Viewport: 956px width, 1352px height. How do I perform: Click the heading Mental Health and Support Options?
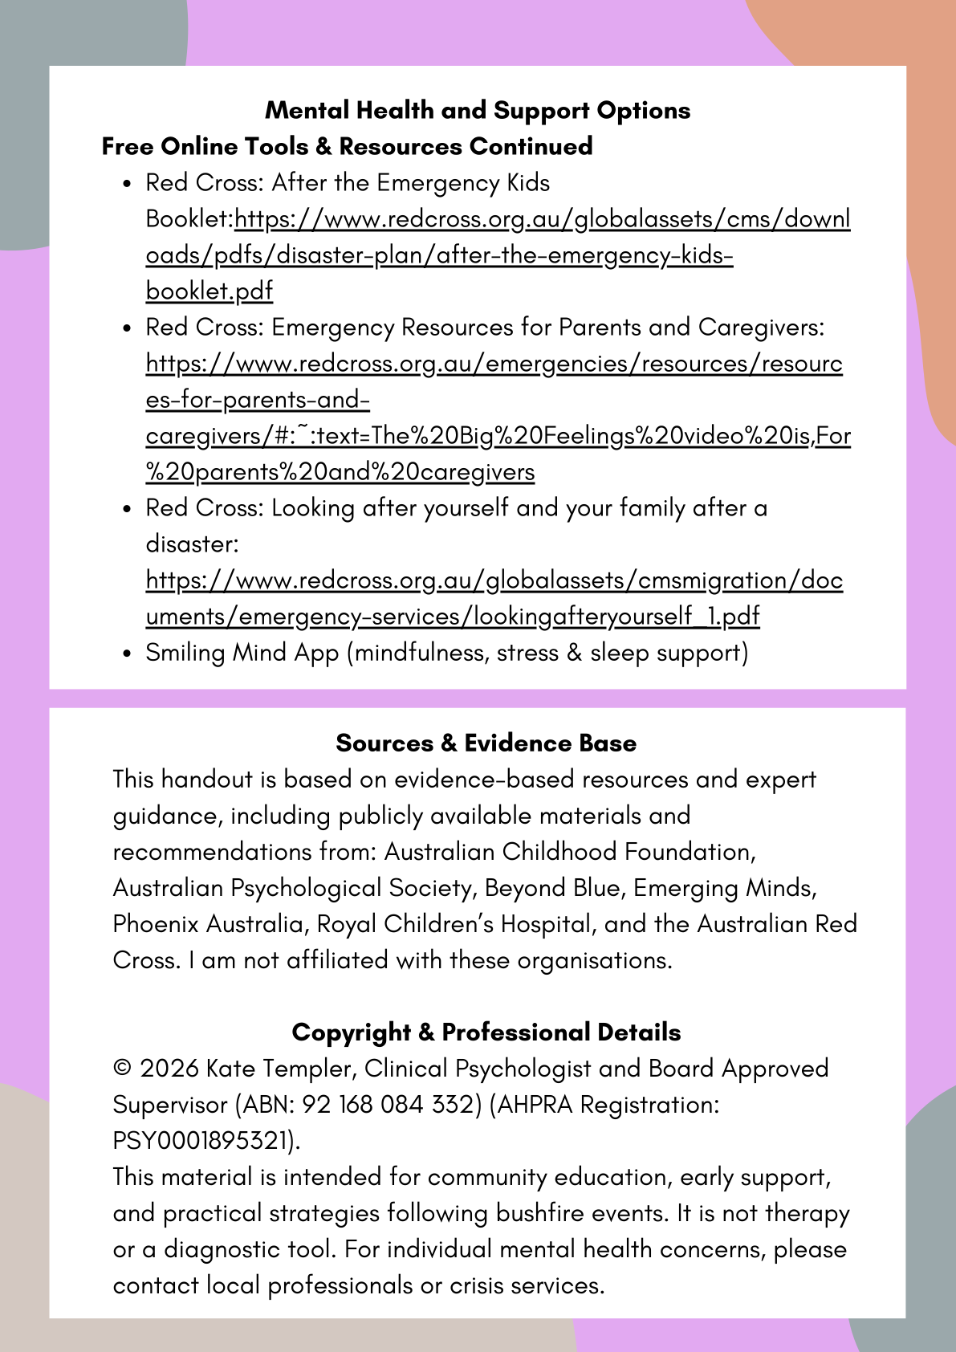pos(478,110)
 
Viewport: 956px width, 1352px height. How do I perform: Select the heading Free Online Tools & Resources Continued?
pos(347,146)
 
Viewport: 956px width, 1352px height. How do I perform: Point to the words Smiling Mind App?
pos(242,653)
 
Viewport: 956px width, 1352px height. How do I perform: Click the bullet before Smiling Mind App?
pos(127,654)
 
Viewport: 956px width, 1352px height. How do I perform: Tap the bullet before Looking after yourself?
pos(127,509)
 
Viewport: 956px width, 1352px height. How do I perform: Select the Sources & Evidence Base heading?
pos(486,743)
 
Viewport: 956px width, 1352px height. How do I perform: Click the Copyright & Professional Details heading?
pos(486,1032)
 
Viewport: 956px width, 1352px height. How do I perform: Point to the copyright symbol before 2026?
pos(122,1069)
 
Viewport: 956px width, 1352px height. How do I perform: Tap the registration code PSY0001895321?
pos(200,1141)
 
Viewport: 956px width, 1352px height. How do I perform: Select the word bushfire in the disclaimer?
pos(545,1213)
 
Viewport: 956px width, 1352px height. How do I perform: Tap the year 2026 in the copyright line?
pos(169,1069)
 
